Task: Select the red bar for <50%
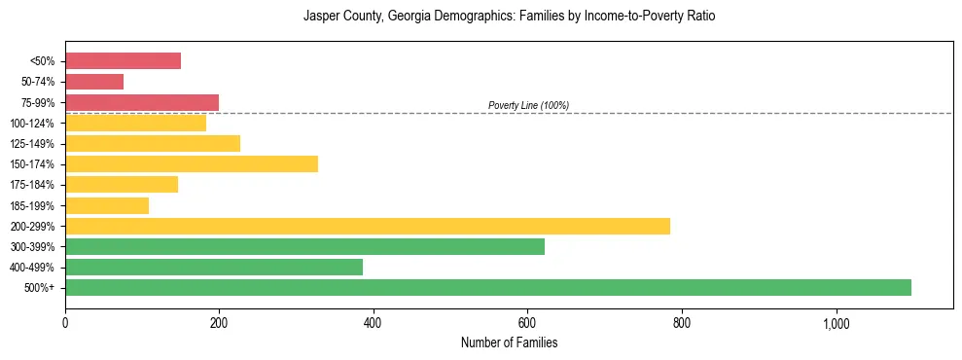(x=123, y=61)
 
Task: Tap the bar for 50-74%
(x=94, y=82)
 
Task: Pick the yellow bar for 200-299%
(x=368, y=226)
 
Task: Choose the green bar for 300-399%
(x=304, y=246)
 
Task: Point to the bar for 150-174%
(x=192, y=163)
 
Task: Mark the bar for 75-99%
(x=142, y=102)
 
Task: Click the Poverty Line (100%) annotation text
(x=528, y=105)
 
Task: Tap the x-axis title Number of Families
(x=509, y=342)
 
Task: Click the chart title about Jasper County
(x=509, y=17)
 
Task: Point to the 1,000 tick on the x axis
(x=836, y=322)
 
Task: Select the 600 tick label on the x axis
(x=527, y=322)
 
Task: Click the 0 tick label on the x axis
(x=65, y=322)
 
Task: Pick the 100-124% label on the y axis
(x=33, y=124)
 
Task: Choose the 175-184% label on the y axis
(x=33, y=185)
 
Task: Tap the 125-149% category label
(x=33, y=144)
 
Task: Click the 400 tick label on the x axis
(x=374, y=322)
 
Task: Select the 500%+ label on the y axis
(x=40, y=288)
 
